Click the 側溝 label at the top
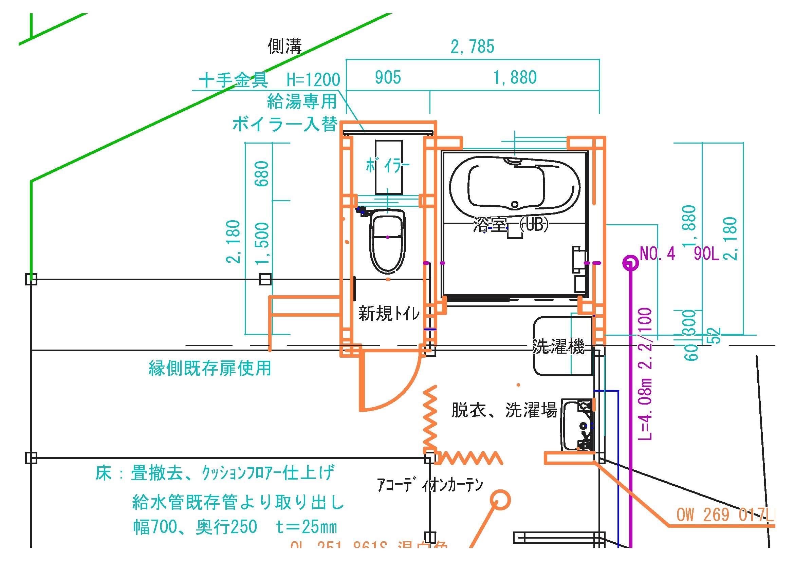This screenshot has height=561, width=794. point(284,46)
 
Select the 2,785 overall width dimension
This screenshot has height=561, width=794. point(473,46)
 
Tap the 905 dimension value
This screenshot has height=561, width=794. point(388,77)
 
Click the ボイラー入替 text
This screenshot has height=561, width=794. point(284,124)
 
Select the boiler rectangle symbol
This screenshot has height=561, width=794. point(389,167)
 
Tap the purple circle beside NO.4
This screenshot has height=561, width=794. point(630,263)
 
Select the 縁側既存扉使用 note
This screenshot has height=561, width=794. point(210,368)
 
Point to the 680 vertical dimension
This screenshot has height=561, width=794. point(262,173)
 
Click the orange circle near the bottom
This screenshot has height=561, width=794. point(500,500)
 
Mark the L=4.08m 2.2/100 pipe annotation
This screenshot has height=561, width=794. point(646,374)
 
